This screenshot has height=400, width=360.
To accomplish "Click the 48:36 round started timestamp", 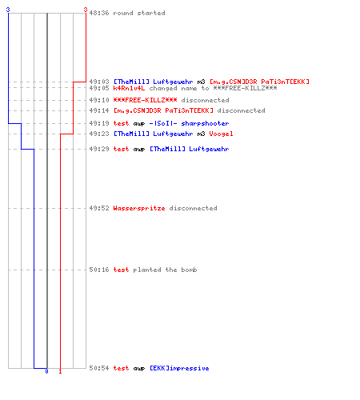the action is tap(99, 13).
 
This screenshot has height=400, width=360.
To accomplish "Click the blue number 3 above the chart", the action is tap(8, 10).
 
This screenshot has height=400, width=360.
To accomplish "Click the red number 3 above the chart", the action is tap(86, 10).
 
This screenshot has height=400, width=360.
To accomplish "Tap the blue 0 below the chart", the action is tap(46, 371).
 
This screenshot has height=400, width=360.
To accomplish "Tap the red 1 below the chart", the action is tap(60, 371).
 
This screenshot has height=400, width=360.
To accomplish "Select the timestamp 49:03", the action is tap(99, 82).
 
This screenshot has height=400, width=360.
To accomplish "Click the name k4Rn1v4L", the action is tap(129, 88).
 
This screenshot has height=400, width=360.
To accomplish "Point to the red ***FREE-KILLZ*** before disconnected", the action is tap(145, 100).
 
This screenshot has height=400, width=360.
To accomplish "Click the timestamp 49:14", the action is tap(99, 110).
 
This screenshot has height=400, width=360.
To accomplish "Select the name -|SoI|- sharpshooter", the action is tap(189, 123).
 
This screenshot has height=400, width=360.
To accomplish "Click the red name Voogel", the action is tap(221, 134).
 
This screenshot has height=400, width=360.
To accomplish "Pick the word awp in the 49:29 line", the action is tap(139, 150).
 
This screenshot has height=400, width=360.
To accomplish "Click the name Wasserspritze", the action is tap(139, 208).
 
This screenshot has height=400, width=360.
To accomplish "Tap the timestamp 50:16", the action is tap(99, 270).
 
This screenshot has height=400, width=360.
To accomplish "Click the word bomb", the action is tap(189, 270).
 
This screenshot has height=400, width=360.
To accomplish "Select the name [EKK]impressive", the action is tap(179, 368).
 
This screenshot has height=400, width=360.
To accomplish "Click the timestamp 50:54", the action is tap(99, 368).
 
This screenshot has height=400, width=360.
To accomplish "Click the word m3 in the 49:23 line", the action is tap(201, 134).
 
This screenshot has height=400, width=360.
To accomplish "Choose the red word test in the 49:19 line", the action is tap(121, 123).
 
